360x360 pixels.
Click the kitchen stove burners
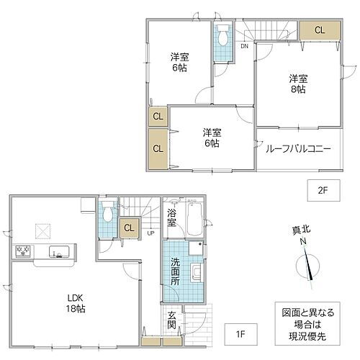(21, 251)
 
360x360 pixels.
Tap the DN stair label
(244, 47)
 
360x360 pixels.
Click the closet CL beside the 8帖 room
(318, 30)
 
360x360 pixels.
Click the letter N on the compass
(303, 242)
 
